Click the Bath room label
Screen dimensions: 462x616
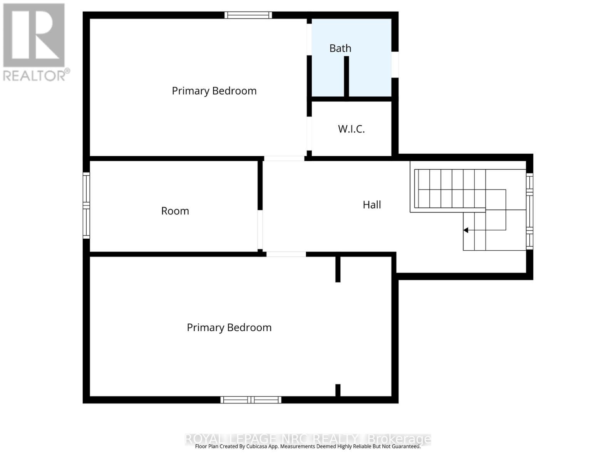click(x=340, y=49)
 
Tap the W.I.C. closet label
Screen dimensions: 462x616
click(x=351, y=129)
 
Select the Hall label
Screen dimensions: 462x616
click(x=372, y=205)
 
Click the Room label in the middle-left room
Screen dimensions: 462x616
click(x=175, y=211)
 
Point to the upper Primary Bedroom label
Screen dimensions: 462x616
click(x=214, y=91)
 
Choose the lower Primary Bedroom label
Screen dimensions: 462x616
click(x=229, y=328)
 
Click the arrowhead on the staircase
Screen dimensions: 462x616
click(x=465, y=230)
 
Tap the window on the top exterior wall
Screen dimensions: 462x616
click(x=248, y=15)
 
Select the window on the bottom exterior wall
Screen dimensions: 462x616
click(x=251, y=400)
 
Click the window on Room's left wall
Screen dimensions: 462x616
click(x=86, y=205)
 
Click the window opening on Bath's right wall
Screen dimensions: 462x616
click(x=395, y=65)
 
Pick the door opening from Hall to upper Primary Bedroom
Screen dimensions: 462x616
click(x=284, y=158)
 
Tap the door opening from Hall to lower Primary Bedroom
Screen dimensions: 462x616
click(x=286, y=254)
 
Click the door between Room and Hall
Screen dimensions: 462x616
click(x=260, y=230)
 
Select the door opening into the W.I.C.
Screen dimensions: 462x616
click(x=309, y=133)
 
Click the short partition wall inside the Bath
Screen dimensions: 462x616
click(x=346, y=76)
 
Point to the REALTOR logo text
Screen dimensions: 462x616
click(x=37, y=75)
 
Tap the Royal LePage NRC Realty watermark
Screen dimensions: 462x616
click(x=308, y=439)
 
